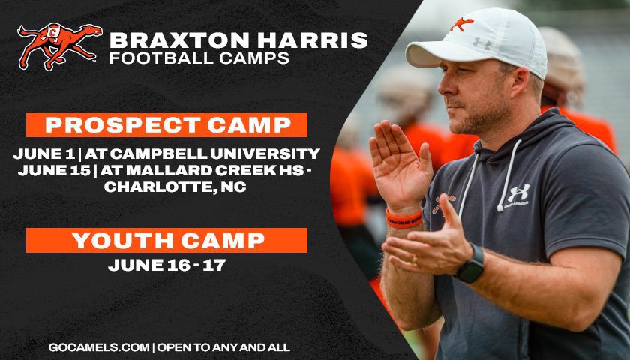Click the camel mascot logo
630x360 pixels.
point(58,46)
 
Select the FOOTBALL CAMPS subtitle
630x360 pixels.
point(199,58)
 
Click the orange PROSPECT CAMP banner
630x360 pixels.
point(166,124)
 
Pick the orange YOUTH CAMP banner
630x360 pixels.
point(166,241)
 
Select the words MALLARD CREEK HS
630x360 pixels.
point(204,171)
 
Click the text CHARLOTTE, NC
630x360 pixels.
point(166,187)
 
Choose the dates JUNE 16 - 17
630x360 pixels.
point(166,265)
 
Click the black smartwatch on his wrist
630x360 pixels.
point(471,264)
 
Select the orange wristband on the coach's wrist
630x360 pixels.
point(404,217)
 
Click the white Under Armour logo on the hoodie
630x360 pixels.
point(518,193)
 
